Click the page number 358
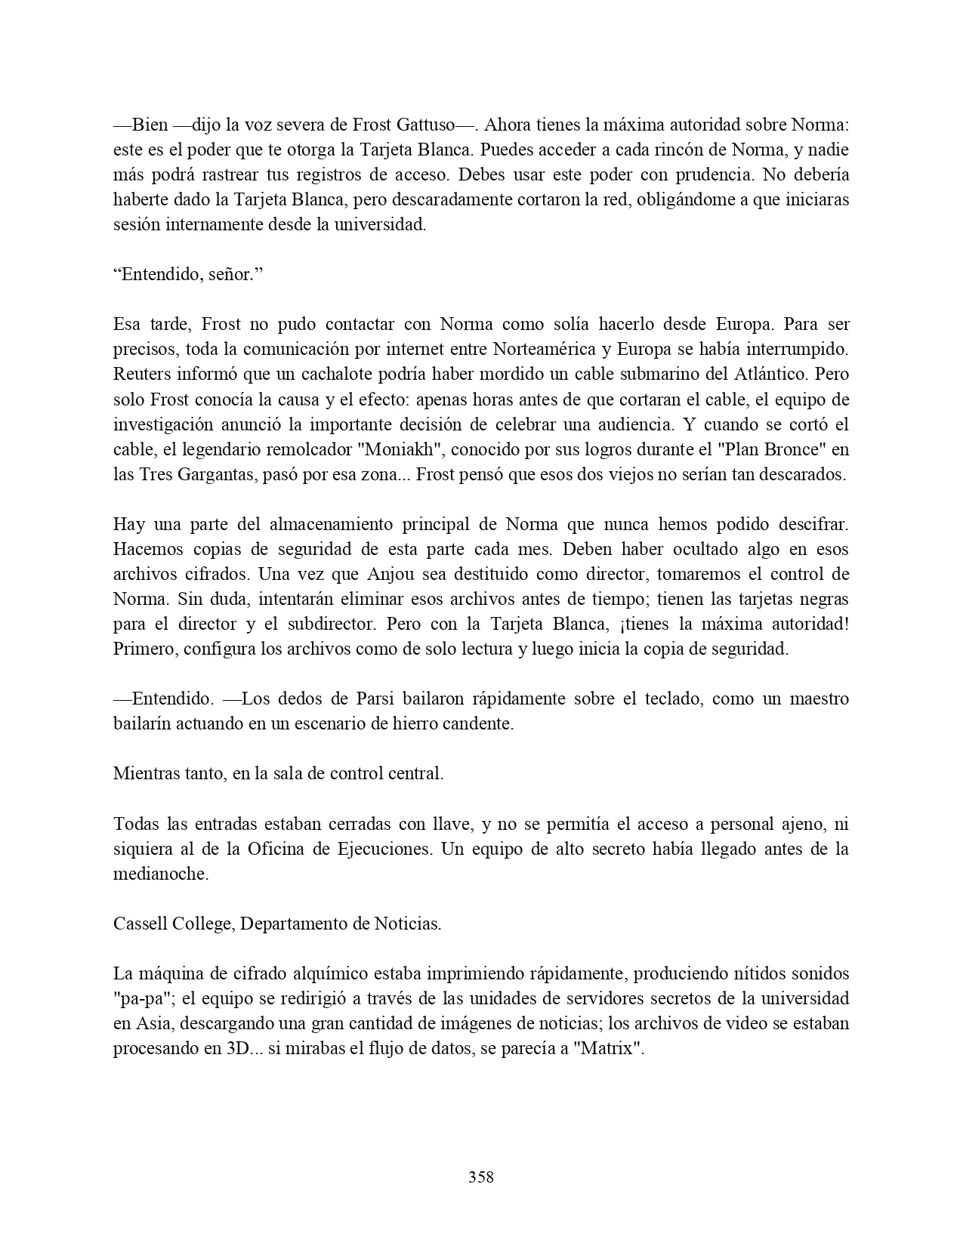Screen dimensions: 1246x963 click(480, 1177)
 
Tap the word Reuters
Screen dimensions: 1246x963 click(141, 375)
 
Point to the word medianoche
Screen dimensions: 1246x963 click(160, 873)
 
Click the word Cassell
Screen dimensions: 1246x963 click(140, 924)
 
